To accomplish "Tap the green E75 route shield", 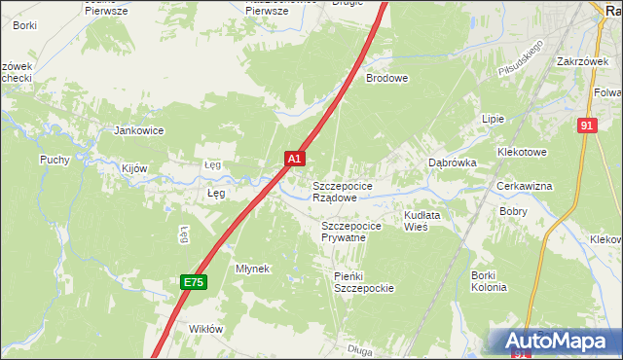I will tap(194, 282).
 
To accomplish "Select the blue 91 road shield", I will tap(585, 126).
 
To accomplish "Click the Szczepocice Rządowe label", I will tap(341, 191).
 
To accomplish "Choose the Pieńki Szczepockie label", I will tap(363, 282).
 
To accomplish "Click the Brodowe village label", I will tap(386, 78).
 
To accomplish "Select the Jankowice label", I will tap(139, 129).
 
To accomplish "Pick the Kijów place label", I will tap(134, 168).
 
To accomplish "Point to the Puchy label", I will tap(55, 160).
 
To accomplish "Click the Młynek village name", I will tap(252, 268).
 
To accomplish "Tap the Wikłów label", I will tap(206, 329).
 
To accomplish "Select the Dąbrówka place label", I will tap(453, 163).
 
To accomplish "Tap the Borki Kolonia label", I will tap(489, 281).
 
